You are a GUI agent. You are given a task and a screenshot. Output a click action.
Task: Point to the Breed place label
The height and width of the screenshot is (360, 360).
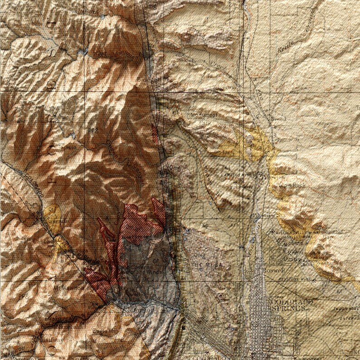[278, 119]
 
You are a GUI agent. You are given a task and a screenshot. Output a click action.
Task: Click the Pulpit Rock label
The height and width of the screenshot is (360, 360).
[293, 185]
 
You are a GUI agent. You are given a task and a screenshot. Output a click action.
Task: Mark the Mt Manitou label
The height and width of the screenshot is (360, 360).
[68, 287]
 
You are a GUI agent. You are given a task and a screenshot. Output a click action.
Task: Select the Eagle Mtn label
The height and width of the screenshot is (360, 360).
[102, 331]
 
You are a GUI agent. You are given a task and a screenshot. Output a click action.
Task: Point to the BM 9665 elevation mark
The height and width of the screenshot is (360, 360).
[63, 147]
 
